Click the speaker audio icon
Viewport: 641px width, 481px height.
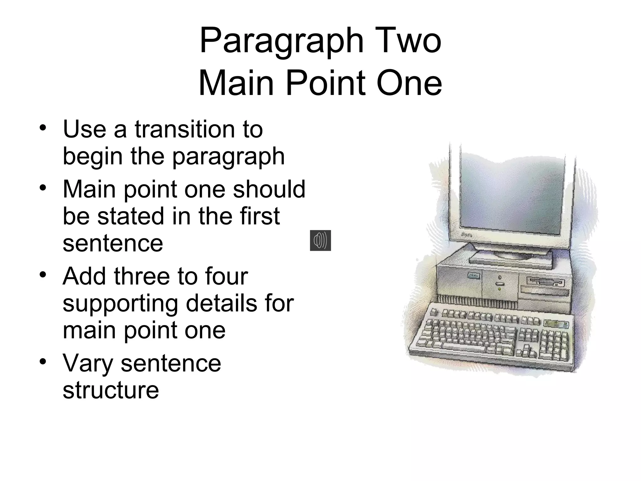click(x=320, y=240)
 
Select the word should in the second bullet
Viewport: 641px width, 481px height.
click(x=269, y=189)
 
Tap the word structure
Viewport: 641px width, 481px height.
click(x=111, y=390)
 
